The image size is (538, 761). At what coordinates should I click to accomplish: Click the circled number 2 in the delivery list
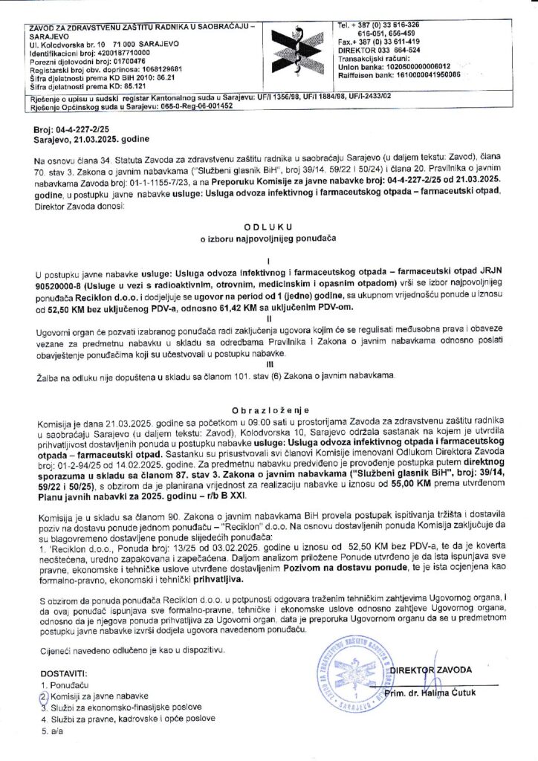click(43, 696)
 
